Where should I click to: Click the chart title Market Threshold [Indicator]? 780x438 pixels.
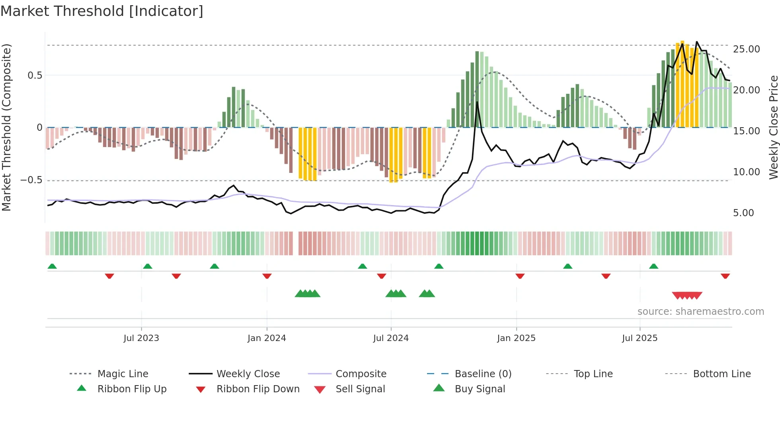(x=102, y=11)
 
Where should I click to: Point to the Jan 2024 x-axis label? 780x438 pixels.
(x=267, y=338)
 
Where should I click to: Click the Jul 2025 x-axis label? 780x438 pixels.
(x=640, y=338)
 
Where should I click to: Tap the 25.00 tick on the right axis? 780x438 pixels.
(x=746, y=49)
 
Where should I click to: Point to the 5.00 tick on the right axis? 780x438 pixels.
(x=743, y=213)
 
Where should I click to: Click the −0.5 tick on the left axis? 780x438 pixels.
(x=31, y=180)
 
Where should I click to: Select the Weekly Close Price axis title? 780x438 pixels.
(x=773, y=127)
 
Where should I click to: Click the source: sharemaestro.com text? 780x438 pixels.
(x=700, y=312)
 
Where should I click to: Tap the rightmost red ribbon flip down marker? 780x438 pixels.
(x=725, y=276)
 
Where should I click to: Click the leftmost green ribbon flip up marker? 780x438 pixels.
(x=52, y=266)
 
